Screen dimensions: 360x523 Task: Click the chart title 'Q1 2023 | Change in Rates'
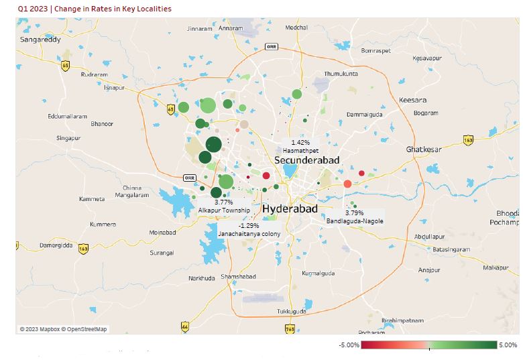pos(95,9)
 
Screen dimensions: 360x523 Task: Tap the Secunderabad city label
pos(307,160)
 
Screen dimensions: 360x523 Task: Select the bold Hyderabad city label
pos(290,209)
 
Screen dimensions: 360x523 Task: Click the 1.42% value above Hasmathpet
pos(300,143)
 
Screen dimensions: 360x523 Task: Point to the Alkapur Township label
pos(224,211)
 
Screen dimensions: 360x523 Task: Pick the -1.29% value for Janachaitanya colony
pos(248,226)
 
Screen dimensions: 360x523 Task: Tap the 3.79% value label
pos(354,213)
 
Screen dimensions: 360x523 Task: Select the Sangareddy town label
pos(40,40)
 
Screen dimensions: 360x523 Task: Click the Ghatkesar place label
pos(424,149)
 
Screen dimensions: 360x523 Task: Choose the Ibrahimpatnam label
pos(403,320)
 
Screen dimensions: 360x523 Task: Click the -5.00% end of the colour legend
pos(350,345)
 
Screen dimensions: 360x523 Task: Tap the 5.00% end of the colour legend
pos(508,345)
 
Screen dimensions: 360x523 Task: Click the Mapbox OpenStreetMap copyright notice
pos(63,329)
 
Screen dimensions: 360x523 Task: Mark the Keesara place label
pos(412,100)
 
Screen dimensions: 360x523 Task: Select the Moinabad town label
pos(162,233)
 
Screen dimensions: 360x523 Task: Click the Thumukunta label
pos(341,73)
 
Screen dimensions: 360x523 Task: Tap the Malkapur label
pos(496,268)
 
